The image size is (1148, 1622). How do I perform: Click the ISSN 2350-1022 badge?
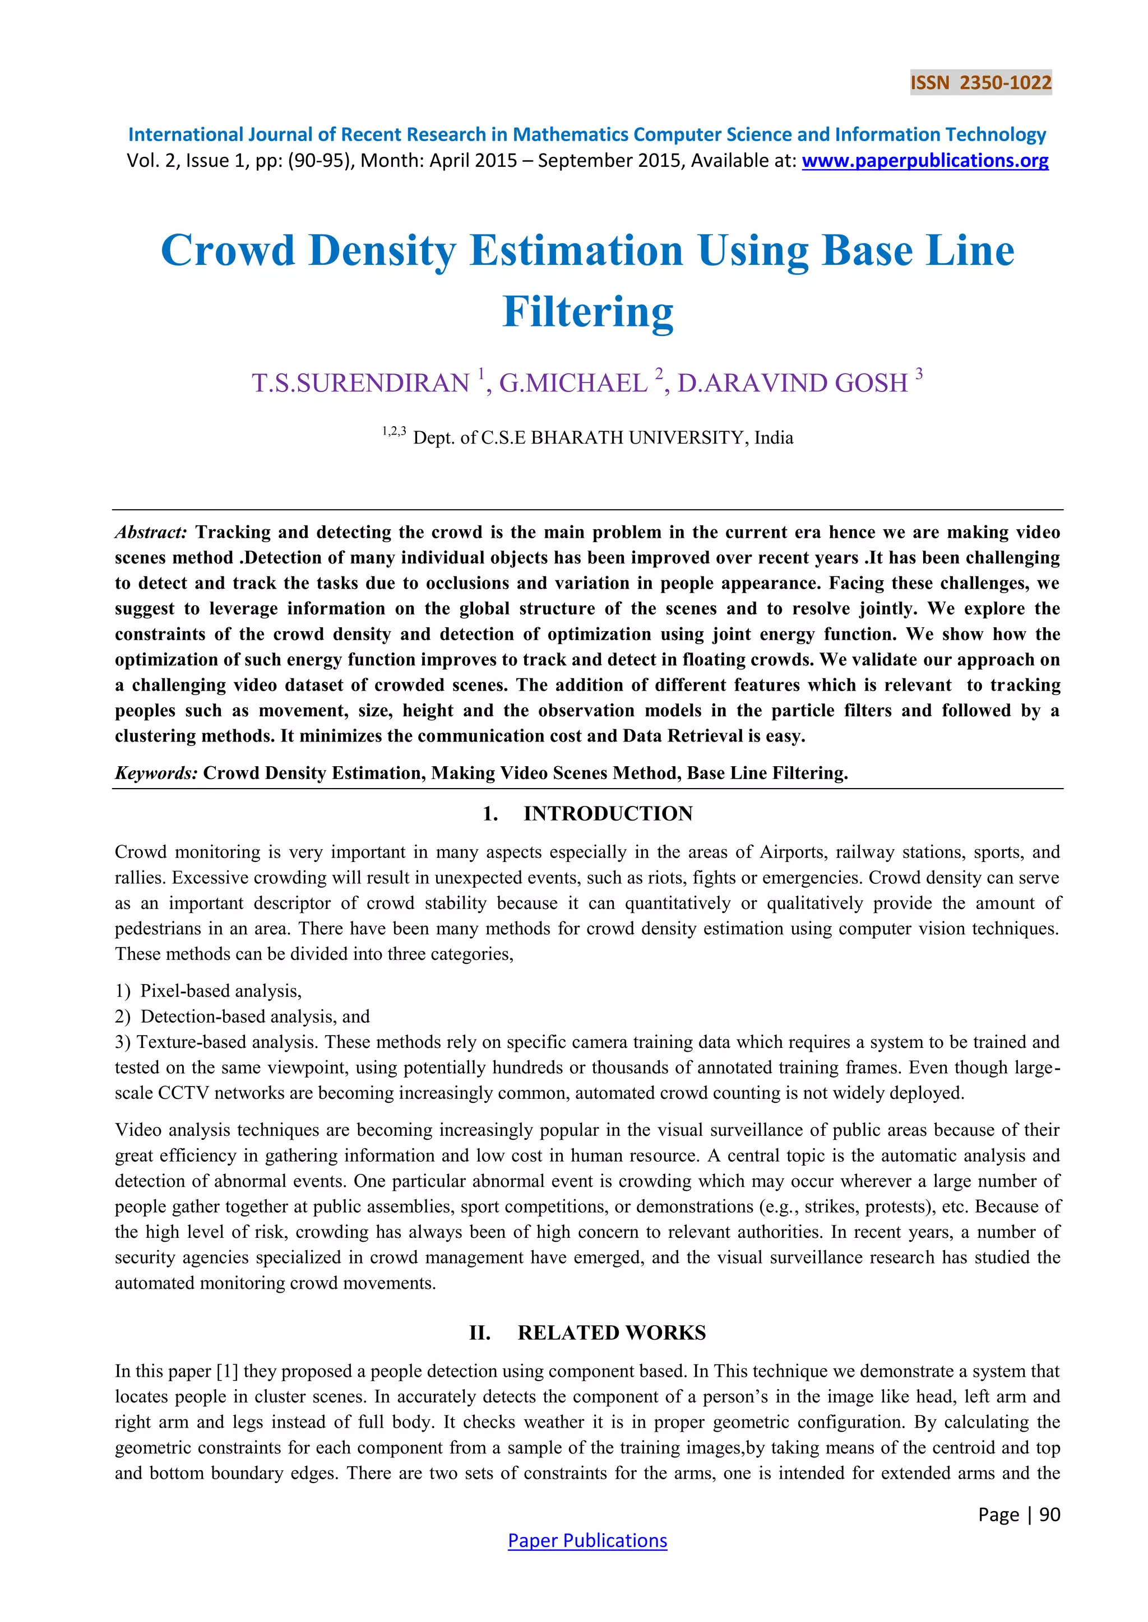point(980,83)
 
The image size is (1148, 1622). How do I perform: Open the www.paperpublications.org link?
point(924,161)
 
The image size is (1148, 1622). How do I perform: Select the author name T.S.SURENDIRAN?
point(361,383)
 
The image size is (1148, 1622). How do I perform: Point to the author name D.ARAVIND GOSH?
point(793,383)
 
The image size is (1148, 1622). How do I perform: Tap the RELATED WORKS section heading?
point(612,1333)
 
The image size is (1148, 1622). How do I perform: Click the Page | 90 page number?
point(1019,1514)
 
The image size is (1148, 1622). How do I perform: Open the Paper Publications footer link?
point(587,1541)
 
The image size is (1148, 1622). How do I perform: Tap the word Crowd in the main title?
point(228,251)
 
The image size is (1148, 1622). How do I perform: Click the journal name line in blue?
point(587,135)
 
